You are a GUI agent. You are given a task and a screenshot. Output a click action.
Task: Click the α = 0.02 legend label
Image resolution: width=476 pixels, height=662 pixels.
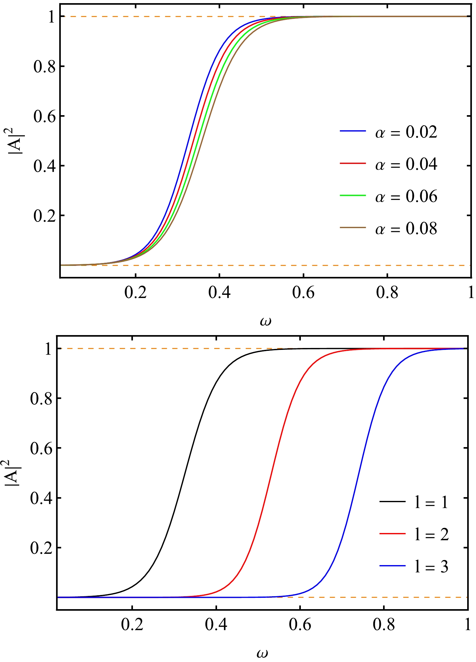coord(406,132)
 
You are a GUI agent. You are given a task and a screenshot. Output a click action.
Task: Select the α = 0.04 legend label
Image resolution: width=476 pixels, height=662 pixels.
coord(406,164)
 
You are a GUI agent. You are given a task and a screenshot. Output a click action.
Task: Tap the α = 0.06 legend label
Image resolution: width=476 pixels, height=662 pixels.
coord(406,196)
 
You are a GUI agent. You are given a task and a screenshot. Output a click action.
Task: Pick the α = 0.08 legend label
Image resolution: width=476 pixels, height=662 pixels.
coord(406,229)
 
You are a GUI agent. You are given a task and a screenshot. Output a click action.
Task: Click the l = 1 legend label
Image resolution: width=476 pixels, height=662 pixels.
coord(431,502)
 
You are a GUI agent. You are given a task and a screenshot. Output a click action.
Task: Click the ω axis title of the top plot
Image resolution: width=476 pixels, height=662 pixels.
coord(266,321)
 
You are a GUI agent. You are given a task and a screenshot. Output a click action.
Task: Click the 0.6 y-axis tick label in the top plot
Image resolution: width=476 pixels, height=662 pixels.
coord(44,116)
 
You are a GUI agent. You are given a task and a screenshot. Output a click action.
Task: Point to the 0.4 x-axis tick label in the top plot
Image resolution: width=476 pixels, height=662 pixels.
coord(219,292)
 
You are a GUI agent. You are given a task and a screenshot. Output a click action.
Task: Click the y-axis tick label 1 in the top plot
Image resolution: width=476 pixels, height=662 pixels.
coord(52,17)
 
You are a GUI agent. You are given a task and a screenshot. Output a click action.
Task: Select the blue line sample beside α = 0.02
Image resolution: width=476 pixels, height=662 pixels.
coord(353,131)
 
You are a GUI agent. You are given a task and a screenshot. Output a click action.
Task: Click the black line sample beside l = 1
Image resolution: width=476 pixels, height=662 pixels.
coord(392,501)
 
